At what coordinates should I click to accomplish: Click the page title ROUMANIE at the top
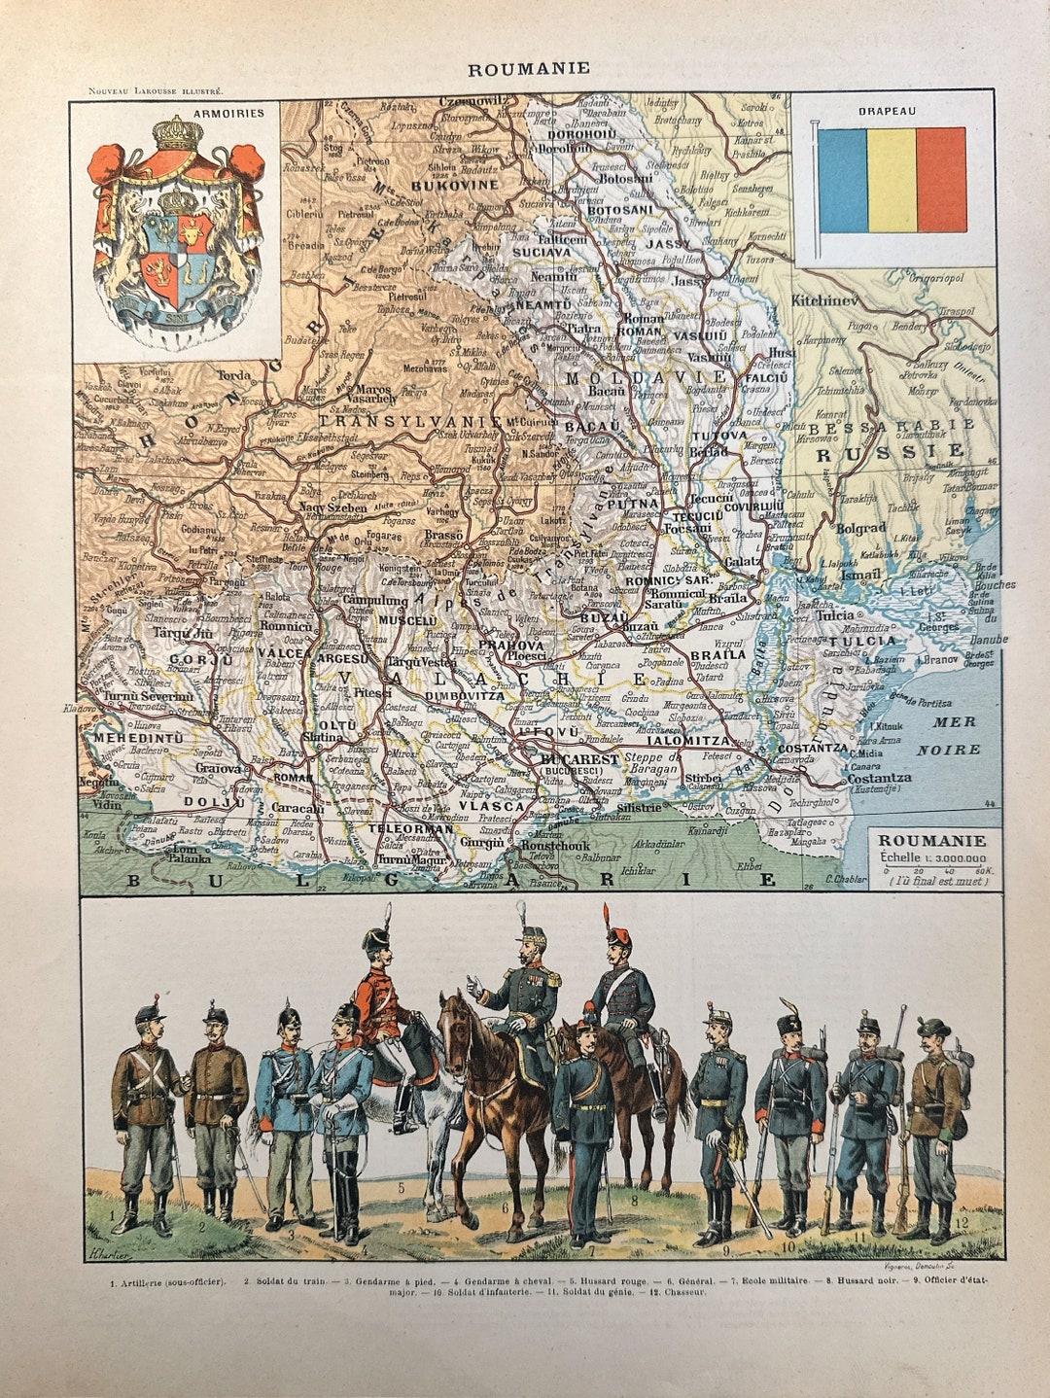point(528,69)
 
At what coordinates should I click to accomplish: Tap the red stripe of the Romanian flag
point(940,179)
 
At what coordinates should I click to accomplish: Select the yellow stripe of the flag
point(892,179)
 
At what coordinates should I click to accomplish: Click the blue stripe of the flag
point(842,179)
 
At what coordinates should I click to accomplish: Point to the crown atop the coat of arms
point(178,132)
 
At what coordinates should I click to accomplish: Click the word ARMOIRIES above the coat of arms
point(228,113)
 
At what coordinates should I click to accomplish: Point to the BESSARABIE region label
point(892,426)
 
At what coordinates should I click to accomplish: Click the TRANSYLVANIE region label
point(410,422)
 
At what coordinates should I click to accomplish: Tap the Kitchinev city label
point(825,300)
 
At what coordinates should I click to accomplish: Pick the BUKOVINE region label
point(455,184)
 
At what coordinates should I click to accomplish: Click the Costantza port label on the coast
point(879,778)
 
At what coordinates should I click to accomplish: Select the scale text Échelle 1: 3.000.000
point(931,858)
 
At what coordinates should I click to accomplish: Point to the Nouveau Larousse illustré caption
point(156,90)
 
